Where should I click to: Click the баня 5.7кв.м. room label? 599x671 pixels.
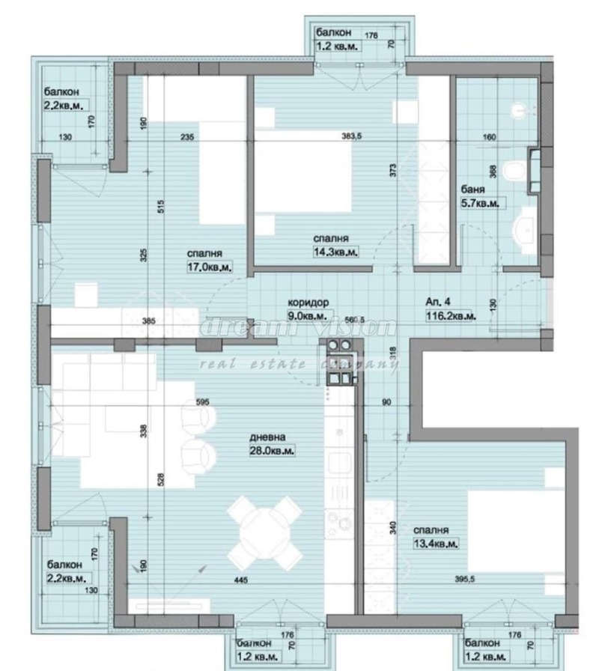pos(481,196)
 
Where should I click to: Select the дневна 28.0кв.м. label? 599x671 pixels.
pos(271,444)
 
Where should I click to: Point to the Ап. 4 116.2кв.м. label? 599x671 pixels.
pos(449,309)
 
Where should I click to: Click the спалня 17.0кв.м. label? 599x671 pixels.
pos(209,259)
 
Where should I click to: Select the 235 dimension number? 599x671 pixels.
pos(187,137)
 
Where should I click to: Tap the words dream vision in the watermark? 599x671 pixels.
pos(299,327)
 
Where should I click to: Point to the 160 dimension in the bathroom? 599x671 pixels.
pos(490,137)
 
